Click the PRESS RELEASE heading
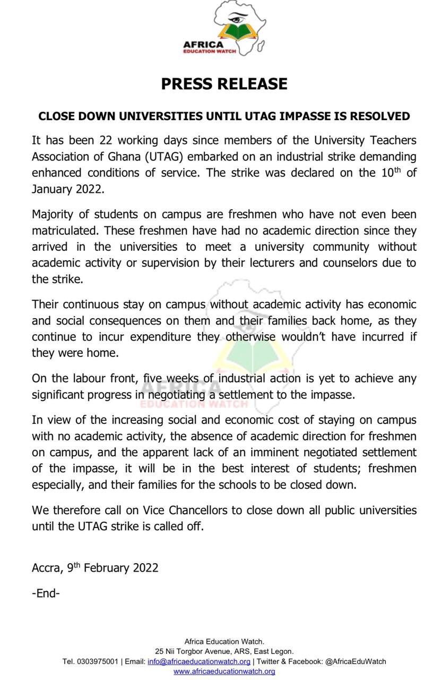tap(224, 83)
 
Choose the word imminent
tap(289, 453)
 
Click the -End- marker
tap(46, 593)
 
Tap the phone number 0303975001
tap(97, 661)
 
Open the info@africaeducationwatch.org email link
tap(199, 661)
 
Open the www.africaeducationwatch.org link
tap(224, 671)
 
